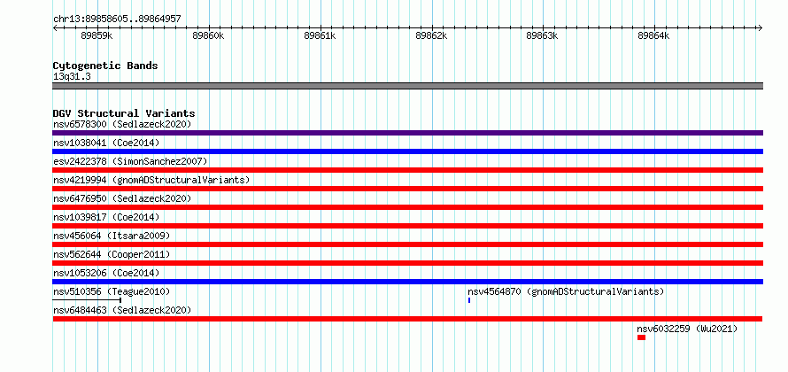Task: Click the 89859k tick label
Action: point(97,36)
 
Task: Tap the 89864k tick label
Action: point(653,36)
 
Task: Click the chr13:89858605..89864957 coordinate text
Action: point(117,19)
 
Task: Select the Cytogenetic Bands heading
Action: point(105,66)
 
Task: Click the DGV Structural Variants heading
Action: point(124,113)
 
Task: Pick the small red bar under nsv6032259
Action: point(641,337)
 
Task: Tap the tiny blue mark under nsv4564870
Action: point(469,300)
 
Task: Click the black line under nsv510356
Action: point(87,300)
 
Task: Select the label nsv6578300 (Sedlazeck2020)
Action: point(122,124)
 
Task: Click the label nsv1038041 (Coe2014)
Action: point(106,143)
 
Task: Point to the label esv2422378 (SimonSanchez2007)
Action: point(130,161)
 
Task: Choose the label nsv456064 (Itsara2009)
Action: point(112,236)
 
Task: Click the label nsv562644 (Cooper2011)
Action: point(112,254)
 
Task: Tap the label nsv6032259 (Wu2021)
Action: point(687,329)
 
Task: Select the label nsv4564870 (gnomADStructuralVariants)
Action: point(566,291)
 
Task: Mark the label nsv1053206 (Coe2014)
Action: point(106,273)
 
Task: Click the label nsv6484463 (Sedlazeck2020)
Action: point(122,310)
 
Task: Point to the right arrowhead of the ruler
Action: point(761,27)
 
